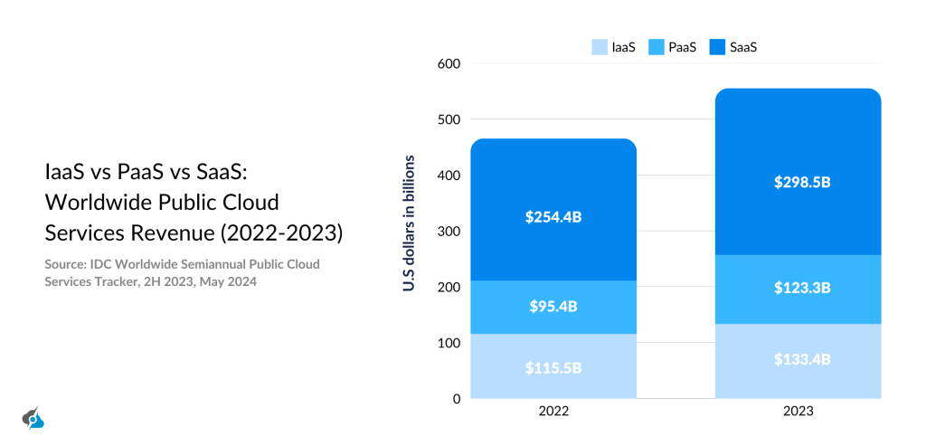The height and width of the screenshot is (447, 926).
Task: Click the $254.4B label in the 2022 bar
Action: pos(553,217)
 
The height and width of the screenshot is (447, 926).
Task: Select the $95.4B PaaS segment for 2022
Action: pos(553,306)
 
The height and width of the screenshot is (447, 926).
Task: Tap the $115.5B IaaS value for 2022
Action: pos(553,368)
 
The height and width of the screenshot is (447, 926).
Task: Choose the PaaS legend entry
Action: pos(670,46)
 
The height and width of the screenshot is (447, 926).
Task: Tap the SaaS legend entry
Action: pos(732,46)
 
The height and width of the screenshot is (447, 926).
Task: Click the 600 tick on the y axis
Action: pos(449,64)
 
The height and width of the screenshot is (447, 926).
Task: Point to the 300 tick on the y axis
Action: pos(449,232)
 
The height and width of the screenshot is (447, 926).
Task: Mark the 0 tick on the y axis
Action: pos(456,399)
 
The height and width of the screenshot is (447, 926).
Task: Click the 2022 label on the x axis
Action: pos(553,411)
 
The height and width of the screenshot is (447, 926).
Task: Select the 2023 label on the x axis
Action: pos(798,411)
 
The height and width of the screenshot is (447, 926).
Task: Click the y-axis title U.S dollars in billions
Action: pos(410,223)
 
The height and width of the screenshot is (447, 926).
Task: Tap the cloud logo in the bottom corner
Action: pos(33,418)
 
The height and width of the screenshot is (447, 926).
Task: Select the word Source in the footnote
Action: pos(66,264)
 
